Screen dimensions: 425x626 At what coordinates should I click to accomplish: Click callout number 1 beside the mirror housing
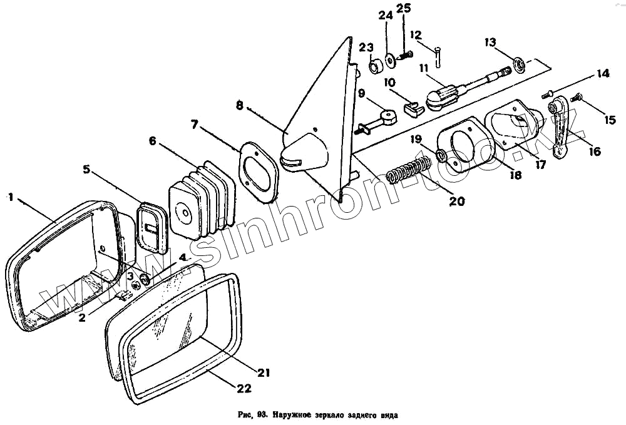[x=10, y=197]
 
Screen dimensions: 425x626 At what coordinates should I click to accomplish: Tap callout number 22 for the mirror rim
[x=245, y=389]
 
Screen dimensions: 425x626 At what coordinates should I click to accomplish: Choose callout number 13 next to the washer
[x=490, y=42]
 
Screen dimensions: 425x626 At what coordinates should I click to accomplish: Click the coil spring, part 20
[x=408, y=170]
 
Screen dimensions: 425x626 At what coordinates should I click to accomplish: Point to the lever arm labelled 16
[x=563, y=122]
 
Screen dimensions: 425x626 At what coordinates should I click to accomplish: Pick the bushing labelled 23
[x=376, y=66]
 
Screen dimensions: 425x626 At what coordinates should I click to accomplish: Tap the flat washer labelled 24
[x=390, y=59]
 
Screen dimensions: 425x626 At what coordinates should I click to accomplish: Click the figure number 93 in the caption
[x=262, y=414]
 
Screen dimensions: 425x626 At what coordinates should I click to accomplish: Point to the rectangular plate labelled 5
[x=151, y=227]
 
